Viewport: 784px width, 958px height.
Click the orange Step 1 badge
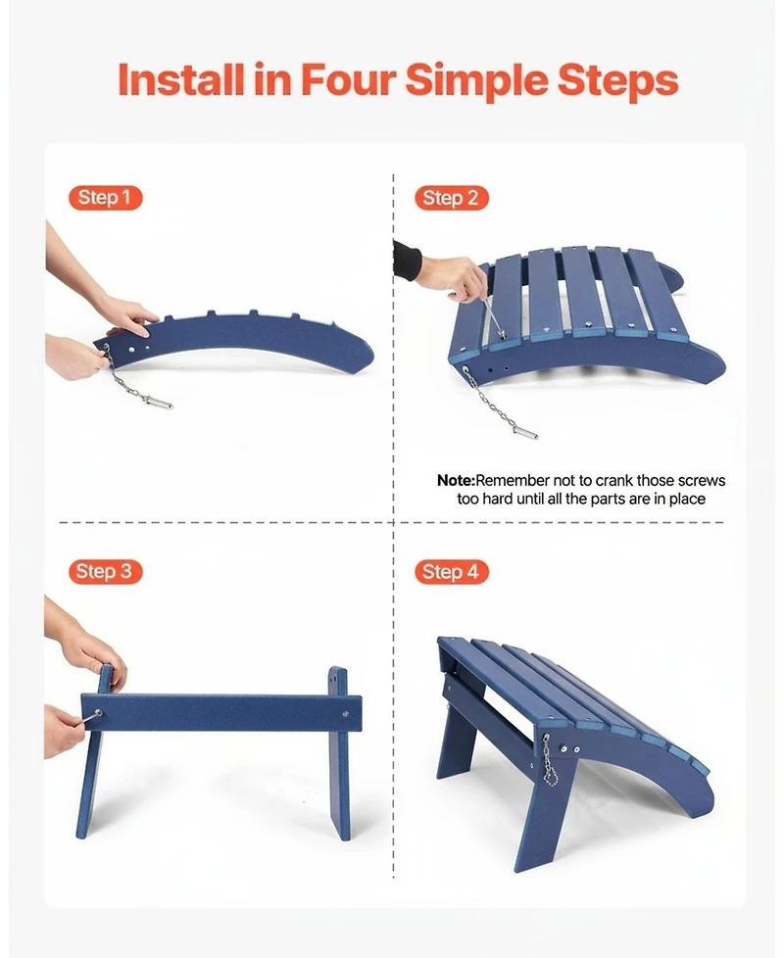[105, 198]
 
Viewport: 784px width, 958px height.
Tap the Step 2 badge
[450, 198]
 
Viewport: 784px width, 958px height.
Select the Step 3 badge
[105, 572]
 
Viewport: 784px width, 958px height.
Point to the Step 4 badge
[451, 572]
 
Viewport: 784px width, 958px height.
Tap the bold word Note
[456, 481]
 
